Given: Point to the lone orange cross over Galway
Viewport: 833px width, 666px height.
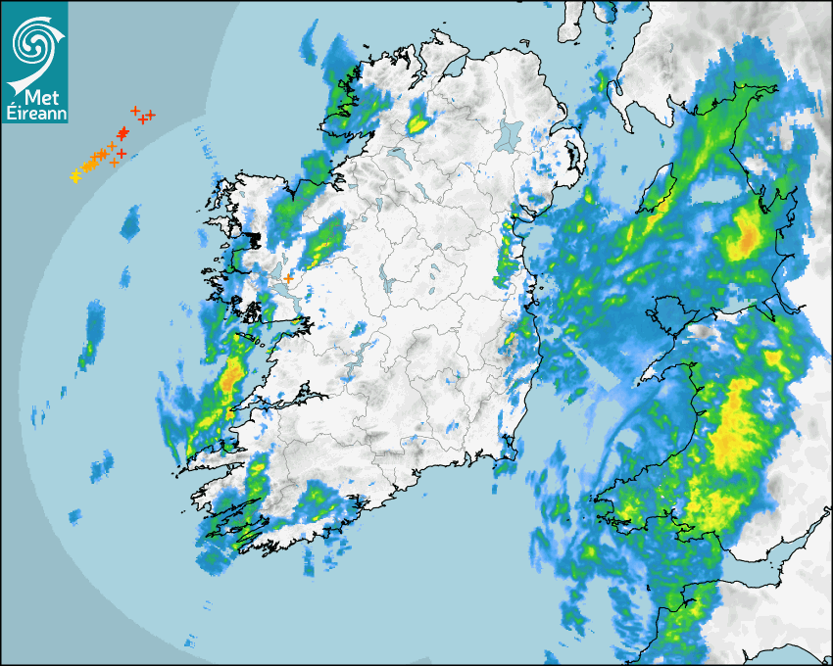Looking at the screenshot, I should (x=288, y=279).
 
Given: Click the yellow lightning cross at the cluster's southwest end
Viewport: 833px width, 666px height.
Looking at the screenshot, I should (x=74, y=176).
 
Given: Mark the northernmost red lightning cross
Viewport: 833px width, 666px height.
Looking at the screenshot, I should (x=135, y=110).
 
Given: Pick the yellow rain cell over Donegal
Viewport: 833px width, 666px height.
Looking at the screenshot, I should (x=418, y=124).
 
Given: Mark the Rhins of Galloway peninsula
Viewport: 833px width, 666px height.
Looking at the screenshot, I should (x=616, y=88).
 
